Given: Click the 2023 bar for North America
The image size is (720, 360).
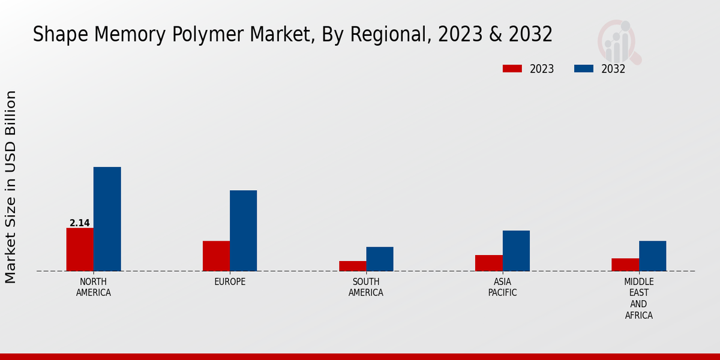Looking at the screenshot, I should pos(80,250).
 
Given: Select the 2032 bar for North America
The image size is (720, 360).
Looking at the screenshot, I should pos(107,219).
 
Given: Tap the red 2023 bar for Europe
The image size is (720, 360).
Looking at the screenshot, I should pos(216,256).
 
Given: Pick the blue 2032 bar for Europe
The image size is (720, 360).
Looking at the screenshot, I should pos(243,231).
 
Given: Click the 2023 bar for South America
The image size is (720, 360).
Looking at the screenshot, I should pos(352,266).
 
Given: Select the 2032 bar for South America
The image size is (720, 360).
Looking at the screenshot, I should pos(380,259).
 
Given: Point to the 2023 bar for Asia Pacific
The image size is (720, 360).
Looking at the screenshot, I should pos(488,263).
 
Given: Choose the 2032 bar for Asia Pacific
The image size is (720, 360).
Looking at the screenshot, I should pos(516,251).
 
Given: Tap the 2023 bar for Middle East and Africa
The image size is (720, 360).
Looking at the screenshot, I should pos(625,265).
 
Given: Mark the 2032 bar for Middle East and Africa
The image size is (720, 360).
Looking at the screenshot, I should pos(652,256).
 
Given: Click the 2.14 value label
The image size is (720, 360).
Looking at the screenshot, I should pos(80,223).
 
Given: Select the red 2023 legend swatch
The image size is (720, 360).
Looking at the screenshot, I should pos(512,69).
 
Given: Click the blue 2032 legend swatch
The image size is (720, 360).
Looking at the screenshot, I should pos(584,69).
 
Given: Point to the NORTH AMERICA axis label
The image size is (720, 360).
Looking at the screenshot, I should pos(94,287).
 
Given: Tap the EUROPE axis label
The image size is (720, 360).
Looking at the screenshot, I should pos(230,282).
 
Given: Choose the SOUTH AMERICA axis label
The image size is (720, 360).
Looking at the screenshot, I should pos(366,287).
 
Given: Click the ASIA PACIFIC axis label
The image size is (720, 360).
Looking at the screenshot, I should pos(502,287).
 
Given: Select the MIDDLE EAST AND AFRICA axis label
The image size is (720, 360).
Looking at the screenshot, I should pos(639,298).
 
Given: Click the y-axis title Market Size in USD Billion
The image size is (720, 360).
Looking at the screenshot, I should pos(11,187).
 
